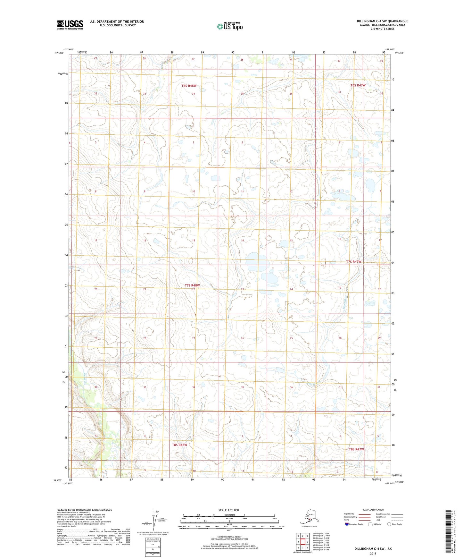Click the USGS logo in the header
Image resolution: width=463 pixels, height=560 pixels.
(x=70, y=25)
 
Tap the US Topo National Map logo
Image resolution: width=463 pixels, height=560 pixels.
(x=229, y=26)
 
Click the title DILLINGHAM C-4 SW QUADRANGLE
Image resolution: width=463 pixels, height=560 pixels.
(x=382, y=21)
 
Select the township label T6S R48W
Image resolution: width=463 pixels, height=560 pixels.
(x=189, y=86)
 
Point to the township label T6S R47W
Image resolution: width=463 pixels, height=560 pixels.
(x=358, y=85)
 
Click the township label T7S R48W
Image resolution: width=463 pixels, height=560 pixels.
(x=192, y=285)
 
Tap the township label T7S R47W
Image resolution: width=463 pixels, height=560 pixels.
(x=353, y=262)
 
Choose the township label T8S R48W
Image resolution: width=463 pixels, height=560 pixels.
(x=179, y=445)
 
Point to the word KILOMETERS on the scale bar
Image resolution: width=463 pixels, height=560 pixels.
(x=229, y=515)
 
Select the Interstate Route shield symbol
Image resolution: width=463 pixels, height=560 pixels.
(x=347, y=524)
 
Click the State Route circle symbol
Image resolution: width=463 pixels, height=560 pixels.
(x=389, y=524)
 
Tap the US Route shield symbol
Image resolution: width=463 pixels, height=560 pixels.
(x=370, y=524)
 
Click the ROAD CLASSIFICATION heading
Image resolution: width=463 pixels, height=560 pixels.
(x=373, y=510)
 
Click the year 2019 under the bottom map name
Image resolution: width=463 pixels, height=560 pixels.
(x=373, y=553)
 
